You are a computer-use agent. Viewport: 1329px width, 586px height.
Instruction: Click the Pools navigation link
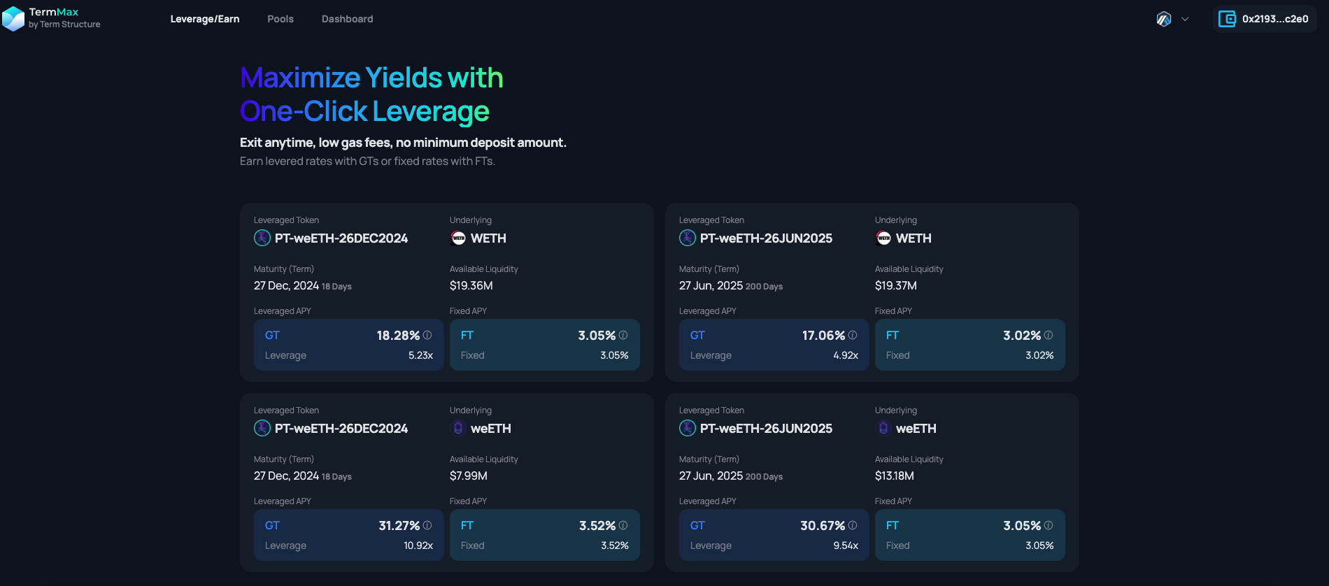pyautogui.click(x=280, y=19)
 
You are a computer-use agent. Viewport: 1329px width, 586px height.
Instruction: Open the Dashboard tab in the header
pyautogui.click(x=347, y=19)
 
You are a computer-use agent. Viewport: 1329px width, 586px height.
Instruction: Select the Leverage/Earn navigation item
pyautogui.click(x=204, y=19)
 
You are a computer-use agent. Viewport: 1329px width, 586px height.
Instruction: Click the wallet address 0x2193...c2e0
pyautogui.click(x=1274, y=19)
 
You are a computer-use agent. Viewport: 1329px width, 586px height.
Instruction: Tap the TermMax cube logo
pyautogui.click(x=13, y=19)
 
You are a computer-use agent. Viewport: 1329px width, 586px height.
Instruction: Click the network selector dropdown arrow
pyautogui.click(x=1185, y=19)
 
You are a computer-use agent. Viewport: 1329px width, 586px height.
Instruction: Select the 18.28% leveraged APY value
pyautogui.click(x=398, y=336)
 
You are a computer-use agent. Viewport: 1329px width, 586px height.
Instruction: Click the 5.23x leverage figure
pyautogui.click(x=420, y=355)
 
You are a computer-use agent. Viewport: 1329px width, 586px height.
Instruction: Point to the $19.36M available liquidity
pyautogui.click(x=471, y=285)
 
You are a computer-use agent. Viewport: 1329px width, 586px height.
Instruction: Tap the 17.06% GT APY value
pyautogui.click(x=823, y=336)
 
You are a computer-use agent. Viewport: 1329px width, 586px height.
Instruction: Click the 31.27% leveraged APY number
pyautogui.click(x=399, y=526)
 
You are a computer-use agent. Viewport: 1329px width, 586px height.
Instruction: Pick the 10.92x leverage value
pyautogui.click(x=418, y=545)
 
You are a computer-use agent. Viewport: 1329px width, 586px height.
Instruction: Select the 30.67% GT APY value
pyautogui.click(x=823, y=526)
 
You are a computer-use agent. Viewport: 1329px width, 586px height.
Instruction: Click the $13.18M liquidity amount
pyautogui.click(x=894, y=476)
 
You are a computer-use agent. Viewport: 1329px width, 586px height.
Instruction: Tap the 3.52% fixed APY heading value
pyautogui.click(x=597, y=526)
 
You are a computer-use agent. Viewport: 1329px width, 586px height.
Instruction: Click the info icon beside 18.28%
pyautogui.click(x=427, y=335)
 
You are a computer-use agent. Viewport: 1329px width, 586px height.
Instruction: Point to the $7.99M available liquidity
pyautogui.click(x=468, y=476)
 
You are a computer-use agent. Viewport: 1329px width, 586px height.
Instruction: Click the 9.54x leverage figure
pyautogui.click(x=846, y=545)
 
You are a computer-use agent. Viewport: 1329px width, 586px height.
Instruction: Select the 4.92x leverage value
pyautogui.click(x=846, y=355)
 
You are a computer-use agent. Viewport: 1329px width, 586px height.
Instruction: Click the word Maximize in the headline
pyautogui.click(x=300, y=78)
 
